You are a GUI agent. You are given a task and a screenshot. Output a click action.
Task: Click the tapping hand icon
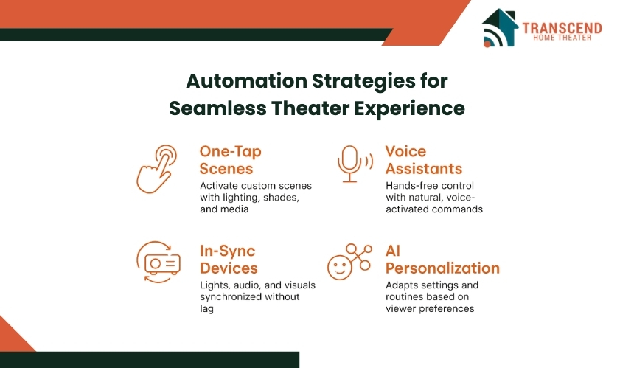157,169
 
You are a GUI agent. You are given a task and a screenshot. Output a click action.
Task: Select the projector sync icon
158,262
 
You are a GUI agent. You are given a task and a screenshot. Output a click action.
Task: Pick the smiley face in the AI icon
339,268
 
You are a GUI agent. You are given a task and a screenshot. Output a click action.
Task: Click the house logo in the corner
500,27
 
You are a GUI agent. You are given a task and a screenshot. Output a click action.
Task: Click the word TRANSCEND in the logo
562,28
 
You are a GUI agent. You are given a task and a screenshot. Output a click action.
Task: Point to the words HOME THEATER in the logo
562,38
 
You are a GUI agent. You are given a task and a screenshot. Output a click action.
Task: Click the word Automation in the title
246,81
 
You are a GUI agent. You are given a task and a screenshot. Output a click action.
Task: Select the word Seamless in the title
217,108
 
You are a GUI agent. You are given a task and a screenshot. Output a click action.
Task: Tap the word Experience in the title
410,108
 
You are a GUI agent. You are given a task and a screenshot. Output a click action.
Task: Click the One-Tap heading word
231,152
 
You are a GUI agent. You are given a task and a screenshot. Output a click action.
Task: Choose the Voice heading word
405,151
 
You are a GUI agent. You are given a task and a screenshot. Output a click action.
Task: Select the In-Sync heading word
227,251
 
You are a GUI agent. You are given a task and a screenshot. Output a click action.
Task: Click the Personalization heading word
442,268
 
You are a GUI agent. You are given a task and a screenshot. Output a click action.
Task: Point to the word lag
206,308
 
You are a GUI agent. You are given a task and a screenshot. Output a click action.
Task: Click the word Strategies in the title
363,81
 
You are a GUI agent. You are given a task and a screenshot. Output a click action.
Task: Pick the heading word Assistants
424,169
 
